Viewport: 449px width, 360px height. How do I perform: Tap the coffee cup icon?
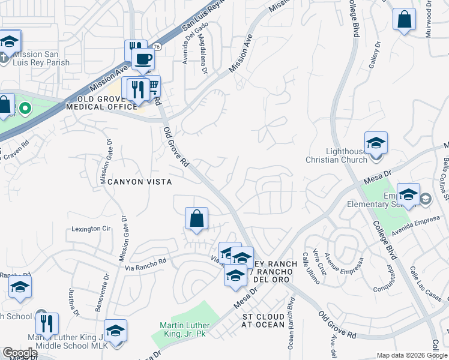143,59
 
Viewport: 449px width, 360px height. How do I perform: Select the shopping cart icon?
152,88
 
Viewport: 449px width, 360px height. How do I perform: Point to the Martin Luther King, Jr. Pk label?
183,329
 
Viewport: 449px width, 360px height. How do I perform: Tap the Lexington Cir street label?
92,229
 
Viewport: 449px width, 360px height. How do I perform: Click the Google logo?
20,353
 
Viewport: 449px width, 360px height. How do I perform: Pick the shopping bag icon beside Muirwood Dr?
404,19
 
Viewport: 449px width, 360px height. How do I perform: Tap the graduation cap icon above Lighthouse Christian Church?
376,143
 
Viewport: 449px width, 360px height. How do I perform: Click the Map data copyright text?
412,355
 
